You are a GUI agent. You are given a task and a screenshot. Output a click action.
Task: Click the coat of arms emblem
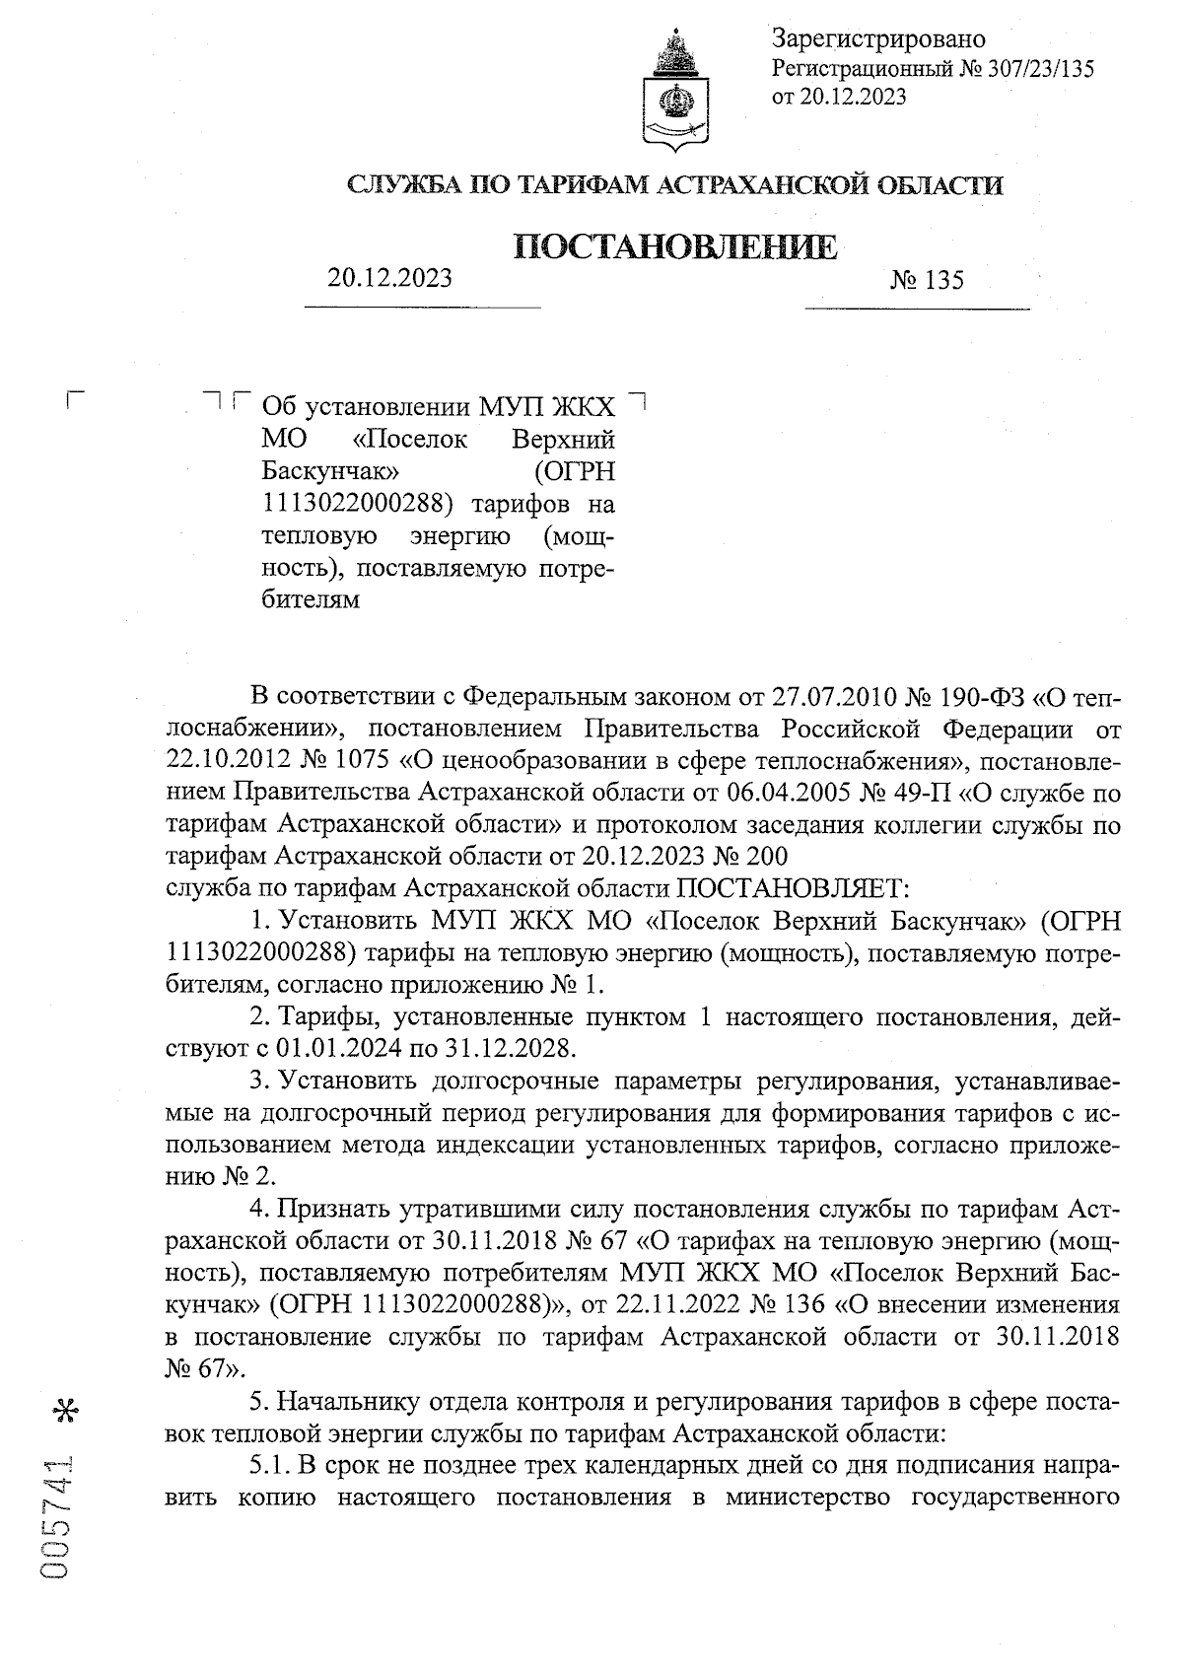coord(675,91)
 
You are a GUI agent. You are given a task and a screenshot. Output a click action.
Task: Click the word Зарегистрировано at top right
coord(878,39)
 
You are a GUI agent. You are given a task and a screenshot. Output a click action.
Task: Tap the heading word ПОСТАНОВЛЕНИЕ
coord(676,246)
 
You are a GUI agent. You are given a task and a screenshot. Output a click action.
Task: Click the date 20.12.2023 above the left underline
coord(390,278)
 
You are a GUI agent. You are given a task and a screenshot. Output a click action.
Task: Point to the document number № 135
coord(927,281)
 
